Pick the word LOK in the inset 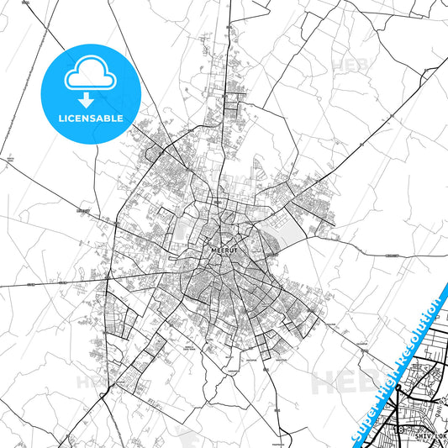440,437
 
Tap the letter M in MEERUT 208,250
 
